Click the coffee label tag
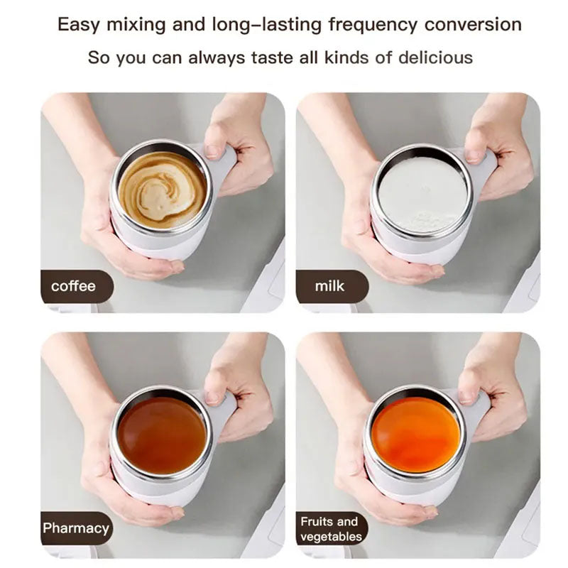click(73, 287)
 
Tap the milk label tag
click(329, 287)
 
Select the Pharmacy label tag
click(75, 528)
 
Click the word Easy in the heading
click(77, 25)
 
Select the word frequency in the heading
click(372, 25)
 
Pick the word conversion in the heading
click(473, 25)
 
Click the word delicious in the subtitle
click(434, 58)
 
